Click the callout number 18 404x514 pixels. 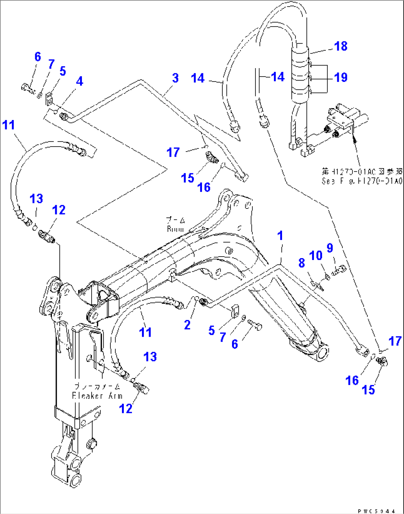341,46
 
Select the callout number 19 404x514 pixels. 341,77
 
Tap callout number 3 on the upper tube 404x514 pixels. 175,78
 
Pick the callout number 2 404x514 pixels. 188,325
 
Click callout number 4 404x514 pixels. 80,81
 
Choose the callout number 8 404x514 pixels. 302,263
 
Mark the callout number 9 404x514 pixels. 330,248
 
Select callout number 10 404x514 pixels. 315,256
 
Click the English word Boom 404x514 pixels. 175,229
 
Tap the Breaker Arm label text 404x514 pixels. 97,395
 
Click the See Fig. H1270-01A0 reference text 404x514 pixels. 361,181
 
